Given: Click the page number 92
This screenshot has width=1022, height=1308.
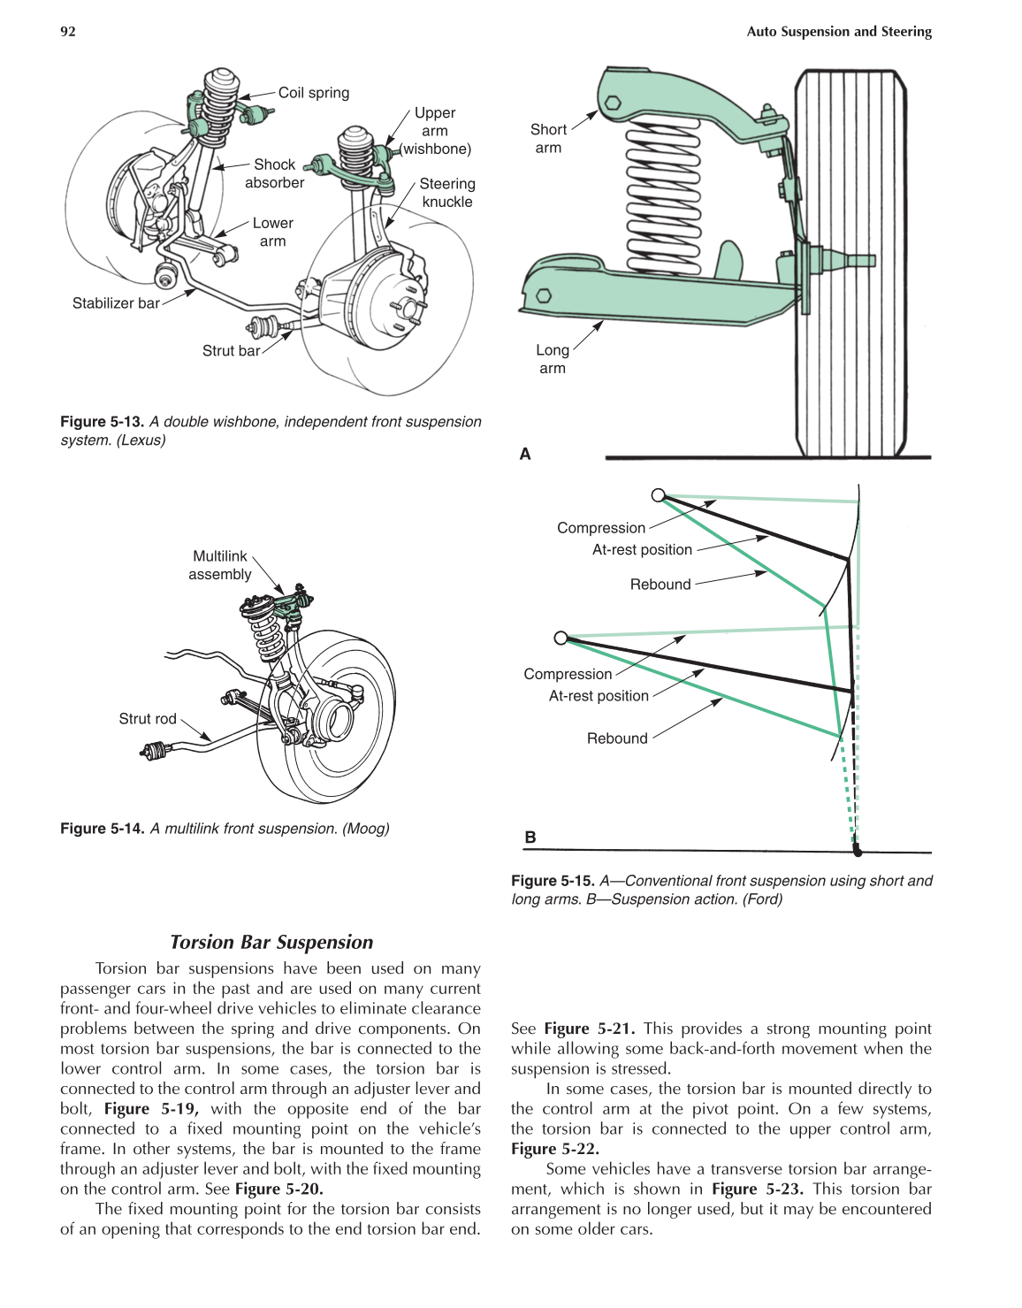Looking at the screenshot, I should (x=68, y=32).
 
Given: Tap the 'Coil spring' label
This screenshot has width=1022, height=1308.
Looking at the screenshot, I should (x=313, y=93).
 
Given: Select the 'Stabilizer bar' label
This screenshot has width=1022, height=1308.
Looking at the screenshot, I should (x=116, y=303).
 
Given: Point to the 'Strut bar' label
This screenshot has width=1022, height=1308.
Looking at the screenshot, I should (x=231, y=351).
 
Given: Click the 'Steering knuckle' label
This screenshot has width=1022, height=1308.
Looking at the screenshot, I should (x=446, y=193).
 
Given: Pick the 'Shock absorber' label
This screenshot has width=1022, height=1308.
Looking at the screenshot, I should (x=274, y=173).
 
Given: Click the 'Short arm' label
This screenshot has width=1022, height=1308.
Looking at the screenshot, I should (x=548, y=139).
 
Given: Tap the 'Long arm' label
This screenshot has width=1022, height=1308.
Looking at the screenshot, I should (x=553, y=359).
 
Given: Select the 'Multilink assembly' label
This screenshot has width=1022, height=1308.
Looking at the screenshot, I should (x=220, y=565).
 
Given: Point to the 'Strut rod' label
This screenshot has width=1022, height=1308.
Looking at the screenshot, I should (x=148, y=719).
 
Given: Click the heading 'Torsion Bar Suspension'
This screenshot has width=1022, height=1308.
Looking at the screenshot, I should (x=271, y=942).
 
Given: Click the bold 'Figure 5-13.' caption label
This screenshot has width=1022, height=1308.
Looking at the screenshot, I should (x=103, y=422).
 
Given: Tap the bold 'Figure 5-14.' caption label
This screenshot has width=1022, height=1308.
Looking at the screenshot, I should (x=103, y=829).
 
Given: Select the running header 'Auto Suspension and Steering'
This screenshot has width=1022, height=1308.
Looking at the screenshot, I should (x=839, y=32).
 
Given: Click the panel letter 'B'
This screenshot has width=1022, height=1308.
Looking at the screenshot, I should (x=530, y=837).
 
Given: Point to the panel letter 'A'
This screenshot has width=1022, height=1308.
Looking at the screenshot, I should (x=525, y=454).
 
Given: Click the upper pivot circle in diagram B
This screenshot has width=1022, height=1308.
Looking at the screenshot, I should (x=658, y=495).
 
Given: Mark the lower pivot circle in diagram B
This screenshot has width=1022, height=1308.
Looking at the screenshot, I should (x=561, y=638).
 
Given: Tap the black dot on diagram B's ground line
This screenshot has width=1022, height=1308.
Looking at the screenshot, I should (x=857, y=852).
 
